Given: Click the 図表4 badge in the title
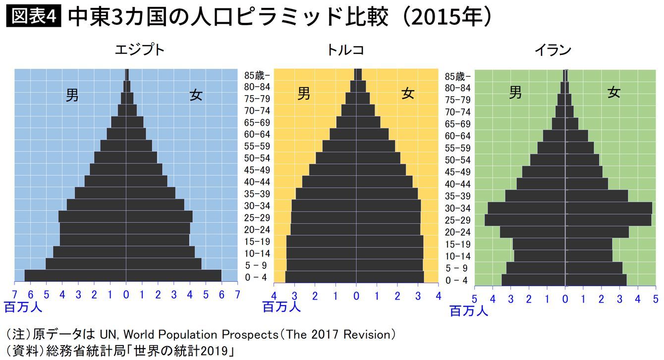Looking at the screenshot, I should [33, 18].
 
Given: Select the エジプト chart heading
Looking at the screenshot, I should [140, 51].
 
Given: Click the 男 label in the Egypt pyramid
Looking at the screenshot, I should [72, 96].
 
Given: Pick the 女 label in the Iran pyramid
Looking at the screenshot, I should [614, 93].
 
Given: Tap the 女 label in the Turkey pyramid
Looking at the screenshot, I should [408, 94].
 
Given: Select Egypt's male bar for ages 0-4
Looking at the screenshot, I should [75, 276].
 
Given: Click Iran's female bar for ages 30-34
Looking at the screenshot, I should [609, 208].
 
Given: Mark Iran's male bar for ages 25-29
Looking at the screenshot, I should [525, 220].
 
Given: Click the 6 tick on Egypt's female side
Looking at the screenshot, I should [221, 295].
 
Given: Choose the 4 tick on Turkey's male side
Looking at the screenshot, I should [274, 297].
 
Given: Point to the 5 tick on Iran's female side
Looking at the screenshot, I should [655, 299].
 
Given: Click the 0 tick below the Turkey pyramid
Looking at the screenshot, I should [356, 297].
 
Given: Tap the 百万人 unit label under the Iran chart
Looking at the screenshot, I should [468, 311].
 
